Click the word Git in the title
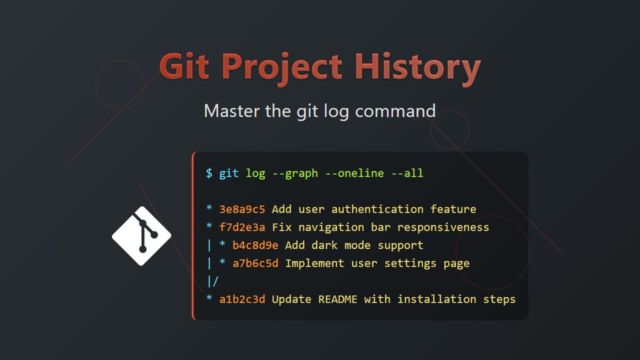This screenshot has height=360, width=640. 183,67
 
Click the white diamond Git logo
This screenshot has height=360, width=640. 141,235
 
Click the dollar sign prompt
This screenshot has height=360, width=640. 209,173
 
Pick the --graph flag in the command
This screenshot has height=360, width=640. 295,173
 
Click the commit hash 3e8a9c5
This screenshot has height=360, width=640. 242,209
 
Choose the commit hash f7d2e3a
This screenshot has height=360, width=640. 242,227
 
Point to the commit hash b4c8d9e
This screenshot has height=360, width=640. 255,245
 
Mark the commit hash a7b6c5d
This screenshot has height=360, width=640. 255,263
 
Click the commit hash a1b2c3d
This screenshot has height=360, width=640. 242,299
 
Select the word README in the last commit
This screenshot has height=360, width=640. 338,299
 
